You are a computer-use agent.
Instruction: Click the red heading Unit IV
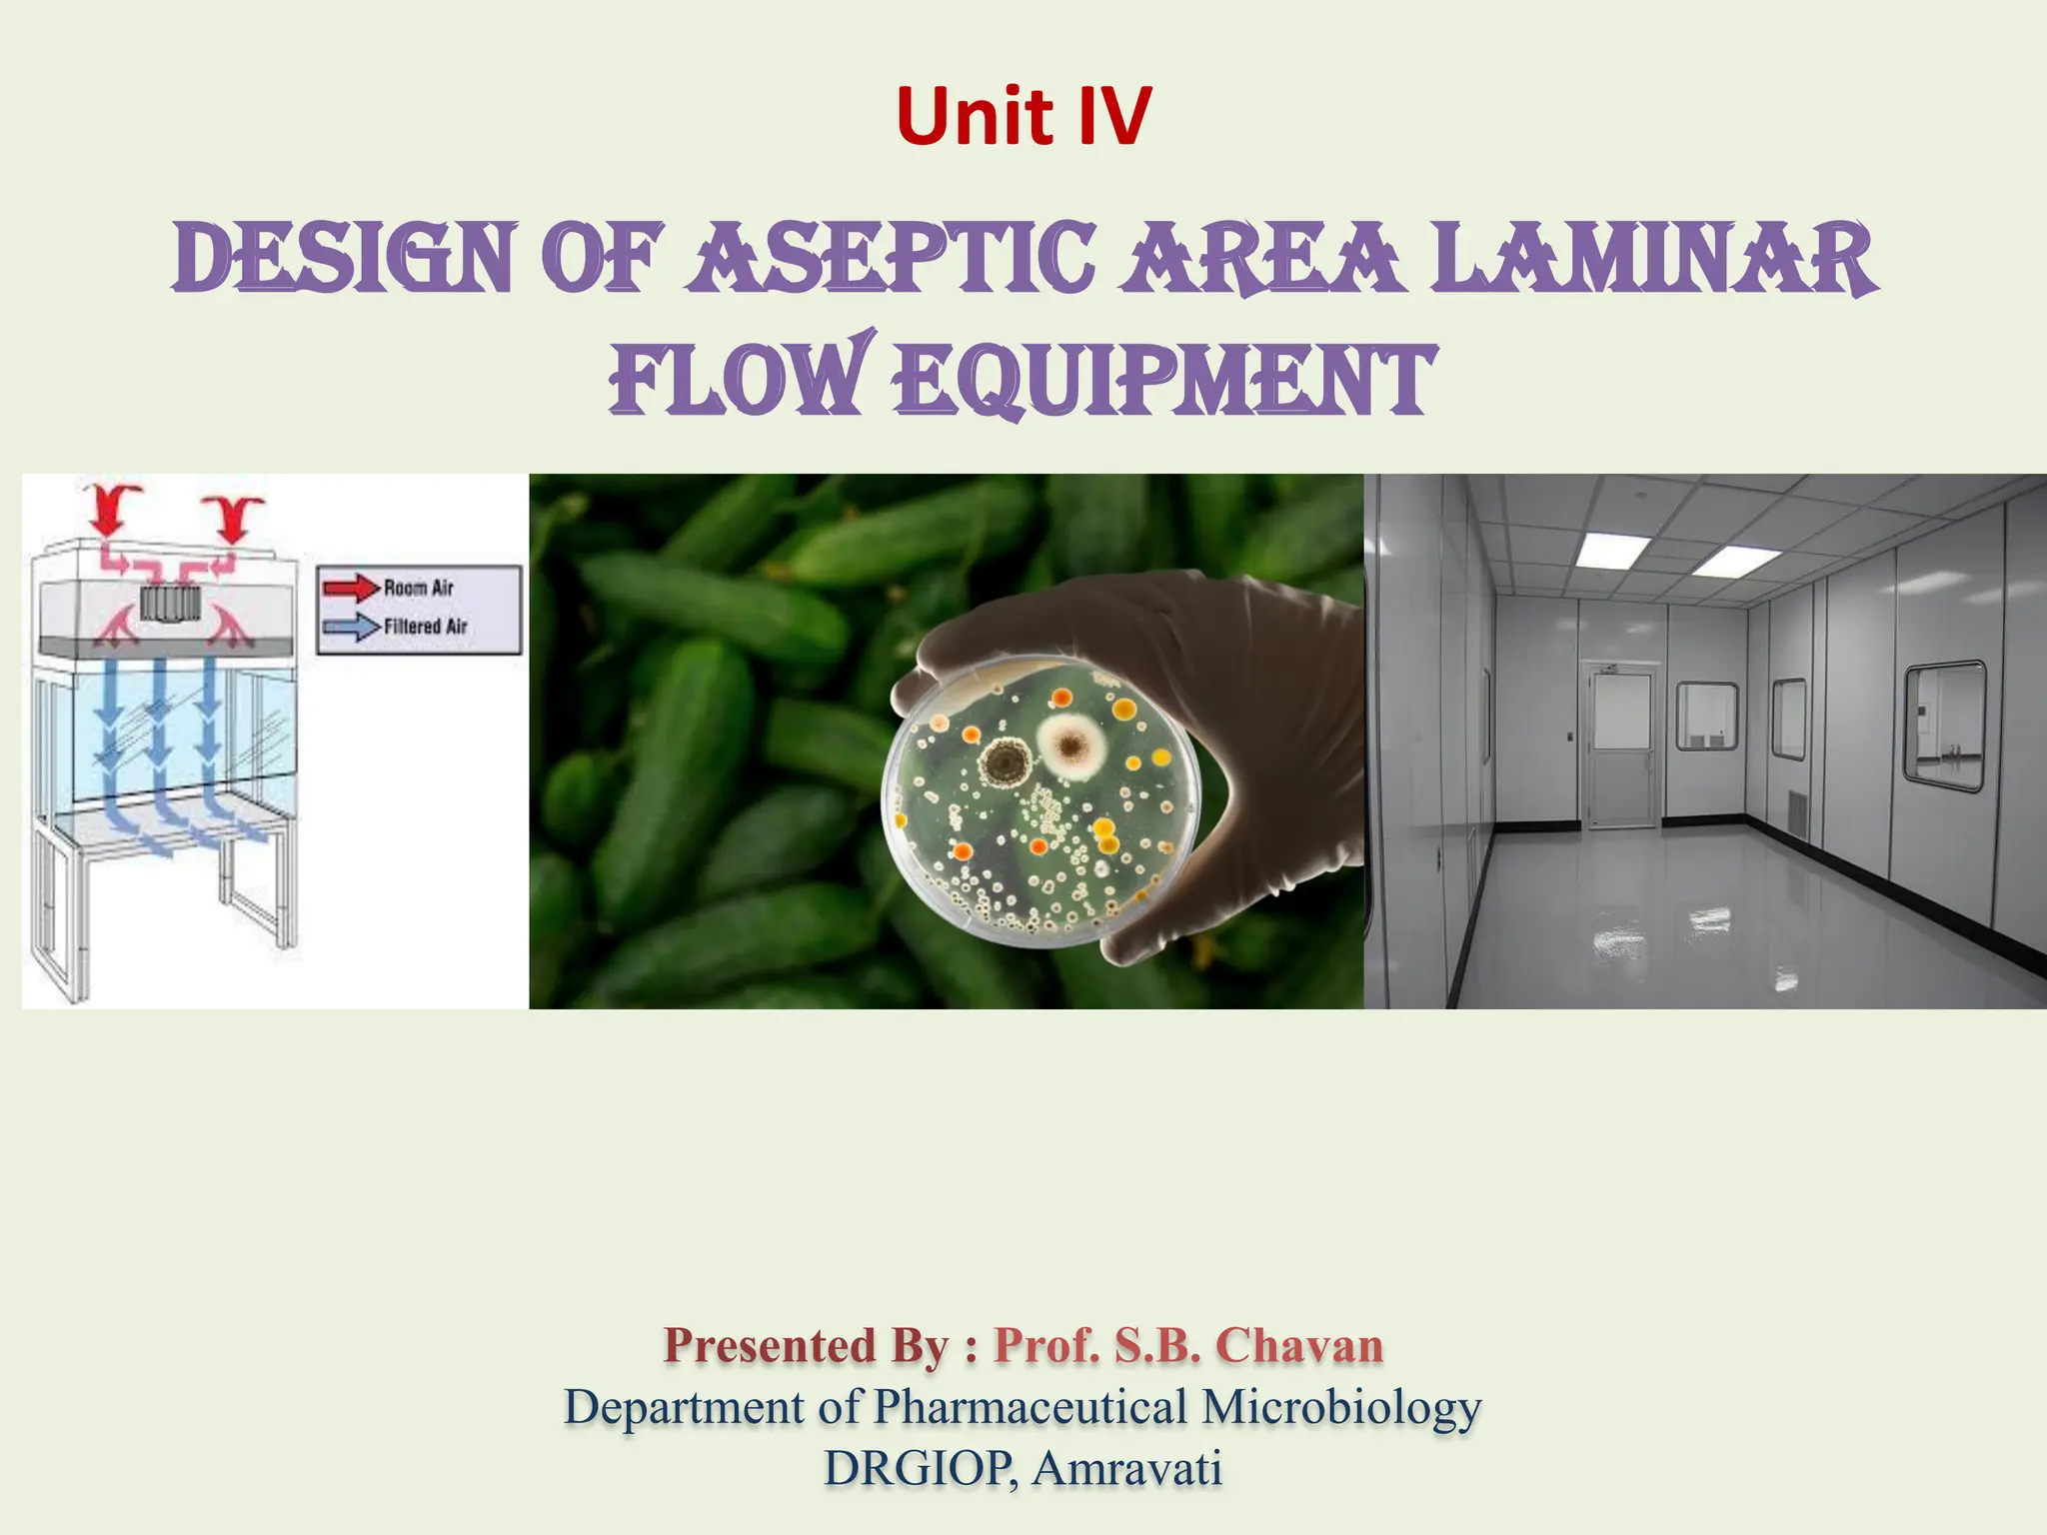1023,116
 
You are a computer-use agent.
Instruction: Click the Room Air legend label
419,588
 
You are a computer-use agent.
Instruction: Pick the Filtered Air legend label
426,627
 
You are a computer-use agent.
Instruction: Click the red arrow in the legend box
351,588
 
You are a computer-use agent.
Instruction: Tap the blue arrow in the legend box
351,628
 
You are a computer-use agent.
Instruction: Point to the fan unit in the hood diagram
171,603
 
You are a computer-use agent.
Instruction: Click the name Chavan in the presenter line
1299,1345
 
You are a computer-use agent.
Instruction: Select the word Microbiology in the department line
1341,1407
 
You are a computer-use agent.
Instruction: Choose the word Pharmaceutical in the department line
1030,1407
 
